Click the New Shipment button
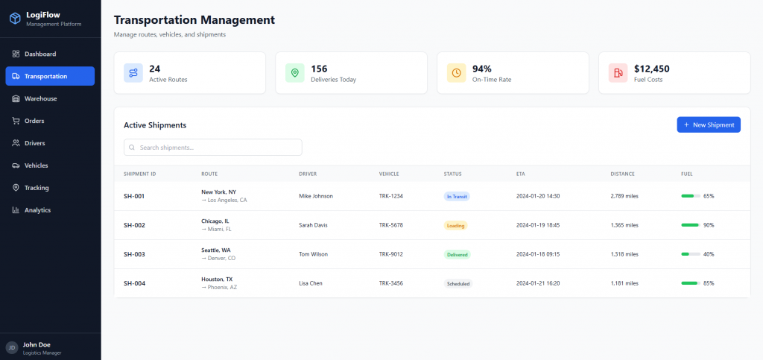[x=709, y=124]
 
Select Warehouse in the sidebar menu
[x=40, y=98]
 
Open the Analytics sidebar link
[x=37, y=210]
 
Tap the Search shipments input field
[x=213, y=148]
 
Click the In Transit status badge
[x=457, y=196]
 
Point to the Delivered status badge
[x=457, y=254]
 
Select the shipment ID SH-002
[x=134, y=225]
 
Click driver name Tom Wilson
[x=313, y=254]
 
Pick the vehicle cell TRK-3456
[x=391, y=283]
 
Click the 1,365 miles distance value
[x=624, y=225]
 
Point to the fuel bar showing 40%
[x=690, y=254]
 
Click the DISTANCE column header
[x=622, y=174]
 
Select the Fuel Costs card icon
[x=618, y=72]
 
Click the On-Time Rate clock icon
[x=456, y=72]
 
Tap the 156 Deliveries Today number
[x=319, y=69]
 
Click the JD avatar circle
[x=11, y=347]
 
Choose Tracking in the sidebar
[x=37, y=188]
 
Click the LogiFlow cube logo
[x=14, y=18]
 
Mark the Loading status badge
[x=456, y=225]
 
